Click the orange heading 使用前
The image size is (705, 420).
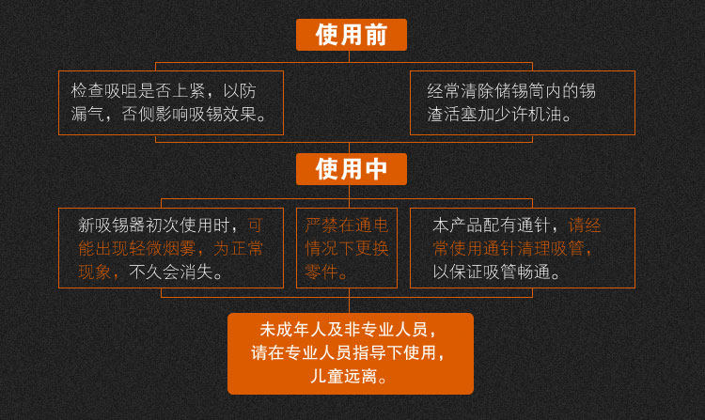click(x=351, y=35)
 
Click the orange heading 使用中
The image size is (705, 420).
click(x=351, y=169)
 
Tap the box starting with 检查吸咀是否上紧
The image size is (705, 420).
click(x=170, y=102)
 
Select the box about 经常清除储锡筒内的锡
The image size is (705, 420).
click(x=522, y=102)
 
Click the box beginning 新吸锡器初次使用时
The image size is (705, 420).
click(x=170, y=248)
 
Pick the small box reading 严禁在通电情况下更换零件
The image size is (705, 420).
click(x=347, y=248)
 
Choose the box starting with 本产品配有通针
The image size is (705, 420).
click(x=522, y=248)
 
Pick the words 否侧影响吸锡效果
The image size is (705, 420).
click(x=196, y=115)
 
